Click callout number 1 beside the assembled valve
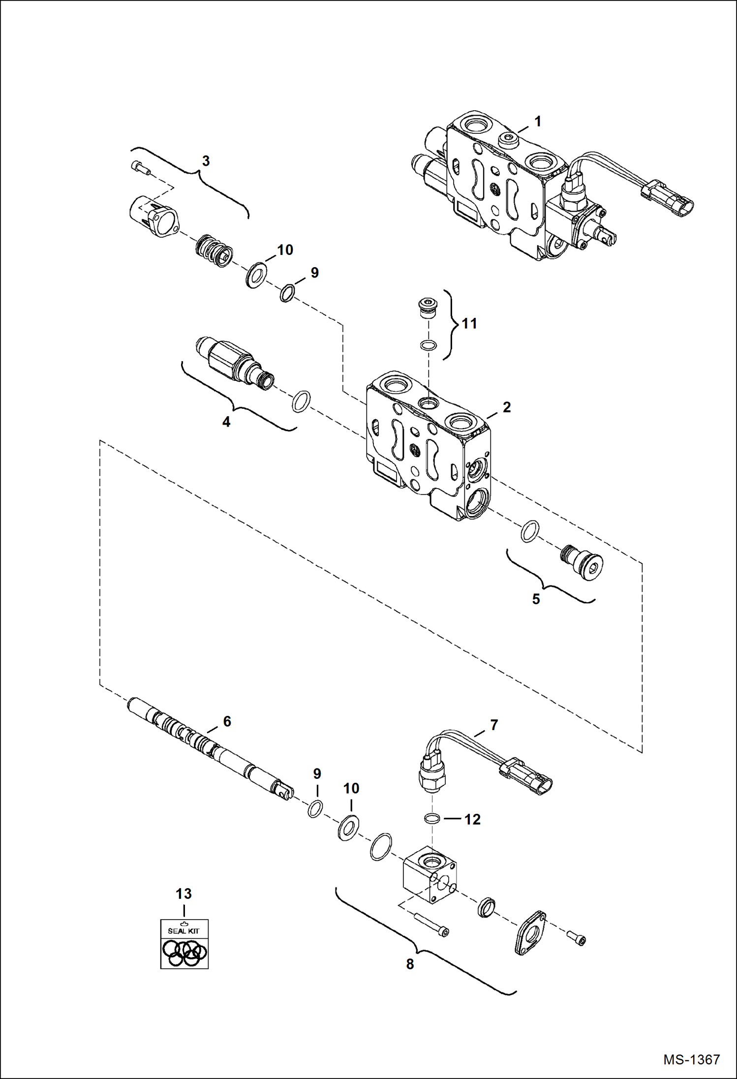click(x=538, y=121)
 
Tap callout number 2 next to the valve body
click(x=506, y=407)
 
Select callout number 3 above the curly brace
click(x=206, y=161)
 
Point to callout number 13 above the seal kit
click(x=184, y=894)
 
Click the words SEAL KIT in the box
click(x=184, y=931)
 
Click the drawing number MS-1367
click(x=691, y=1059)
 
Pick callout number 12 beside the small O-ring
click(x=472, y=819)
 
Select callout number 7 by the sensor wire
click(x=494, y=725)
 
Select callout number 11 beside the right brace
click(x=469, y=323)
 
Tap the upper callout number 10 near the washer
click(x=285, y=250)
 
